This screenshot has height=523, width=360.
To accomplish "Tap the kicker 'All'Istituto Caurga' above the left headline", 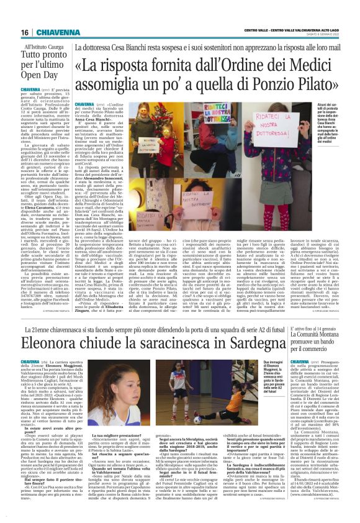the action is click(45, 47).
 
